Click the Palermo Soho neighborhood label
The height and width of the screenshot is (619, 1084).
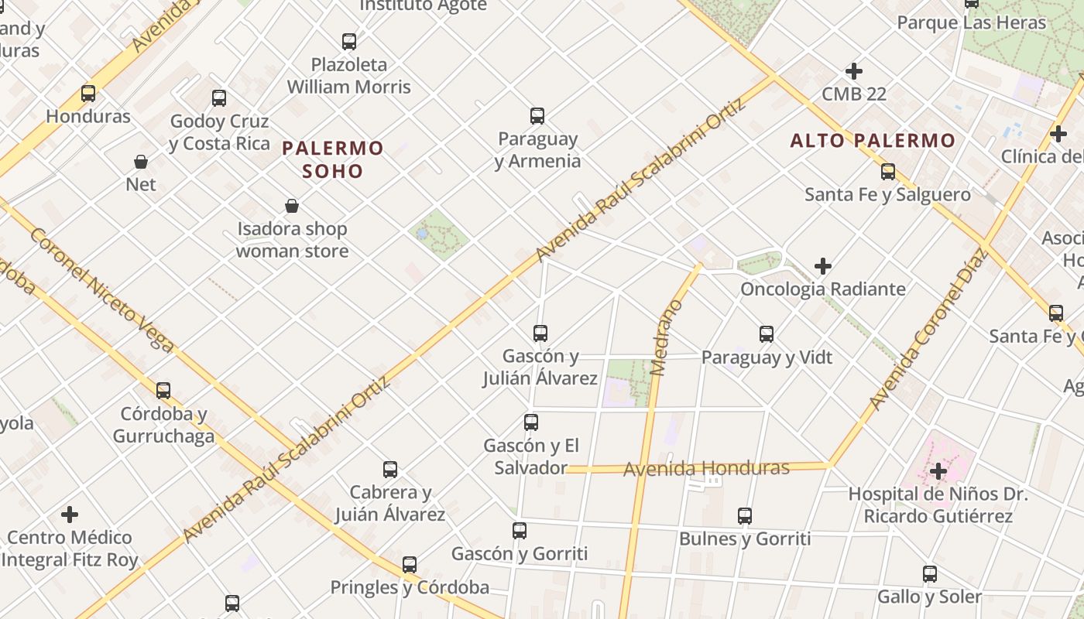(x=333, y=159)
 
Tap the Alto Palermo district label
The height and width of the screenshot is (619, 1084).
(x=873, y=141)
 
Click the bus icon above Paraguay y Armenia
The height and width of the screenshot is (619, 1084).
(x=537, y=116)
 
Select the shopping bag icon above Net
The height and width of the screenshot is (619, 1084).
(x=141, y=162)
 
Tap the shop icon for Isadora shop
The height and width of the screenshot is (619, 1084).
(x=292, y=206)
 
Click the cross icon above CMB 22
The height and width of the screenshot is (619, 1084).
(x=854, y=71)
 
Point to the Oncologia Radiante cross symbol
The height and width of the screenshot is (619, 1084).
(x=823, y=267)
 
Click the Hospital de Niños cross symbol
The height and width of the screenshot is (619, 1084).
(x=938, y=470)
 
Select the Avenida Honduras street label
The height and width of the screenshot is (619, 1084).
(x=706, y=468)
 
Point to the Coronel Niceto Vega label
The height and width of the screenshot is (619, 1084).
(x=101, y=289)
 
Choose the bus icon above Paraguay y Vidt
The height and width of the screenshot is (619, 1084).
(x=767, y=334)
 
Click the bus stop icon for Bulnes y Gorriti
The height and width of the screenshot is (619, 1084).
(x=745, y=516)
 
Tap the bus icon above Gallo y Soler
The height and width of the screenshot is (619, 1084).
(x=930, y=574)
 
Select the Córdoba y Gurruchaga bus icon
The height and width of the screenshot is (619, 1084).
(x=163, y=391)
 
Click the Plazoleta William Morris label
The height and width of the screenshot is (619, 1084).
(x=349, y=75)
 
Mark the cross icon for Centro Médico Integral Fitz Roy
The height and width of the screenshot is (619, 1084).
(x=70, y=515)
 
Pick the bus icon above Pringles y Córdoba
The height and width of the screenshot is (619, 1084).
(x=410, y=565)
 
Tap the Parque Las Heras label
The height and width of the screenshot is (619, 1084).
(x=972, y=22)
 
